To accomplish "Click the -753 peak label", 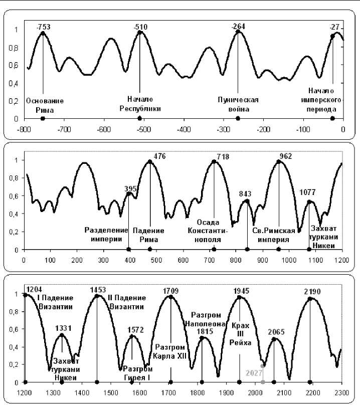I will [x=44, y=26].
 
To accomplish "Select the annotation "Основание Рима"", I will [x=43, y=105].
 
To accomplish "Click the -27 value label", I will [x=334, y=26].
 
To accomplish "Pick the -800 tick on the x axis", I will [x=23, y=129].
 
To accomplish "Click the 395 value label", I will [x=130, y=188].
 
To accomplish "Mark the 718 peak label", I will [x=223, y=157].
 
